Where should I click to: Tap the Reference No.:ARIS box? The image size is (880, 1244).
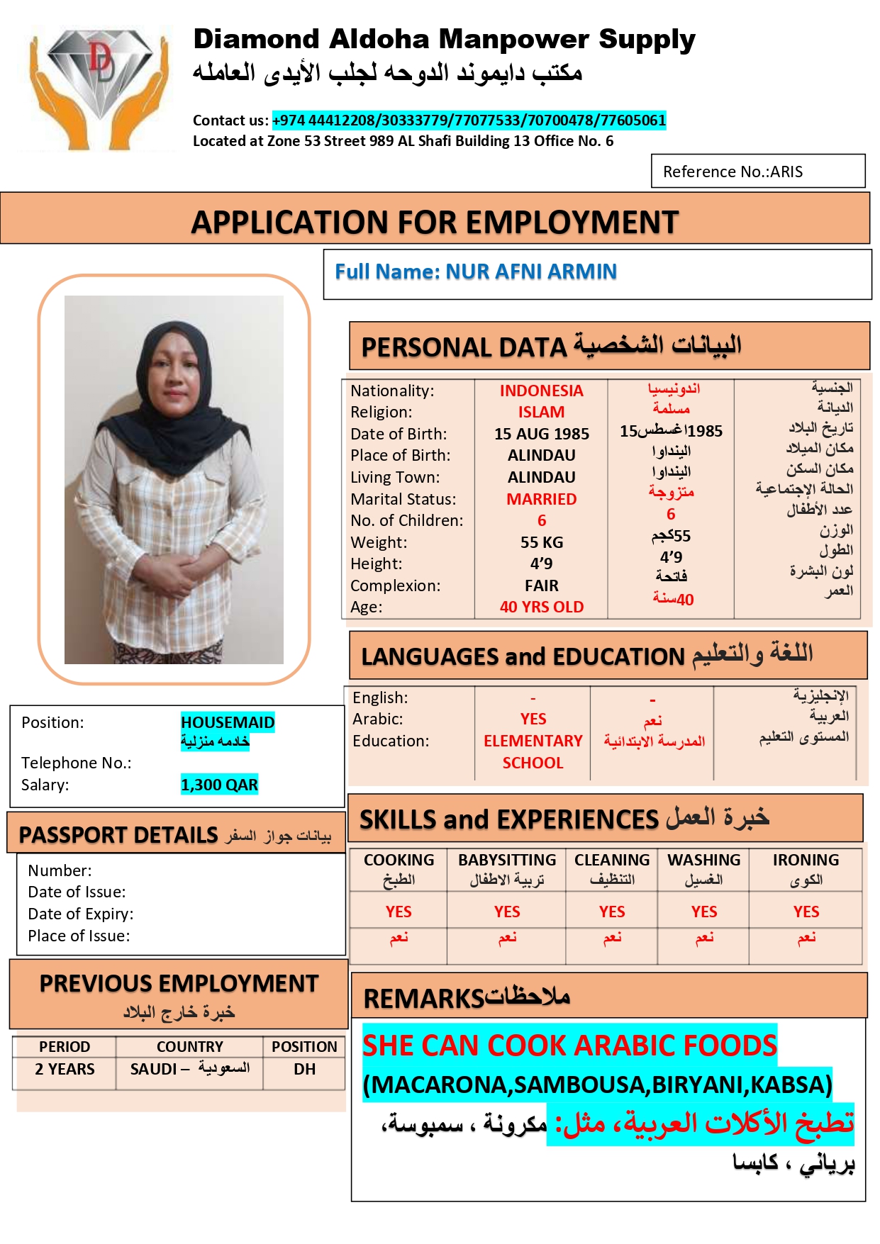(x=757, y=172)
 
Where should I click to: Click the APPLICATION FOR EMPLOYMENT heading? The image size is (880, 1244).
(x=435, y=223)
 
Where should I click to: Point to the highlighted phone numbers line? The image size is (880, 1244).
(x=469, y=121)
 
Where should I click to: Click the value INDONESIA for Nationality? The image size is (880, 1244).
(x=541, y=391)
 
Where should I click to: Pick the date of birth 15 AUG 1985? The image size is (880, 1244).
(x=541, y=434)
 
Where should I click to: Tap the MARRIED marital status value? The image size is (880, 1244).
(x=541, y=499)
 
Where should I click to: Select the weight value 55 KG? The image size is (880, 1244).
(x=541, y=542)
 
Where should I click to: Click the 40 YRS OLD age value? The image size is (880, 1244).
(x=541, y=607)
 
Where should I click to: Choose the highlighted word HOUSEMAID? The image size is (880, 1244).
(x=227, y=722)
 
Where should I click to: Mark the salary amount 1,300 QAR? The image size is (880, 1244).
(x=219, y=785)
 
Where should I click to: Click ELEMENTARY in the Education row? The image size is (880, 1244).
(x=533, y=741)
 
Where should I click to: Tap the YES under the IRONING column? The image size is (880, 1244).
(x=806, y=912)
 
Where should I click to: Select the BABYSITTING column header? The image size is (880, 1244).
(x=506, y=860)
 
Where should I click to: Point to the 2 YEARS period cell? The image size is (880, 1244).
(x=65, y=1069)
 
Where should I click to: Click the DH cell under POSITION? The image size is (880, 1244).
(x=304, y=1069)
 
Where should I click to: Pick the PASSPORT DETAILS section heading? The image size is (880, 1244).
(x=118, y=835)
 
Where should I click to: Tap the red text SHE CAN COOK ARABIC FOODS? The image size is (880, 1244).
(x=569, y=1046)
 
